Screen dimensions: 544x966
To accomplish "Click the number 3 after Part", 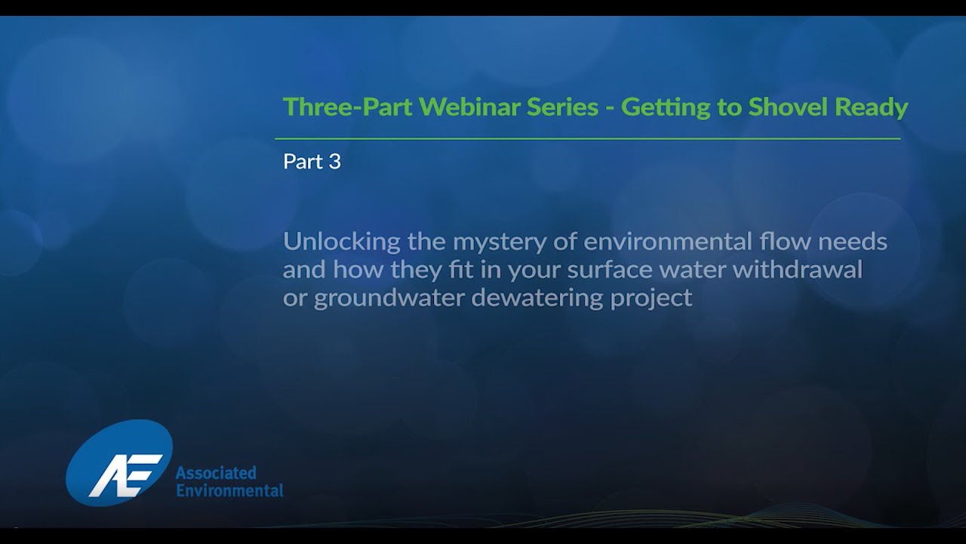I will tap(334, 162).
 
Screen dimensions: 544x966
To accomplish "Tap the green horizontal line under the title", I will tap(587, 139).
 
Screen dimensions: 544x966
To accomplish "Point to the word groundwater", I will tap(389, 298).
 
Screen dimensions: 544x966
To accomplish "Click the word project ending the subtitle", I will tap(651, 298).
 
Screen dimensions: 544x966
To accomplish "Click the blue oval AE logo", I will tap(119, 462).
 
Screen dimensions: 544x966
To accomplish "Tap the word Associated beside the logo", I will tap(216, 473).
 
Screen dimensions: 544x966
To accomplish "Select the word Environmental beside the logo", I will tap(229, 490).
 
